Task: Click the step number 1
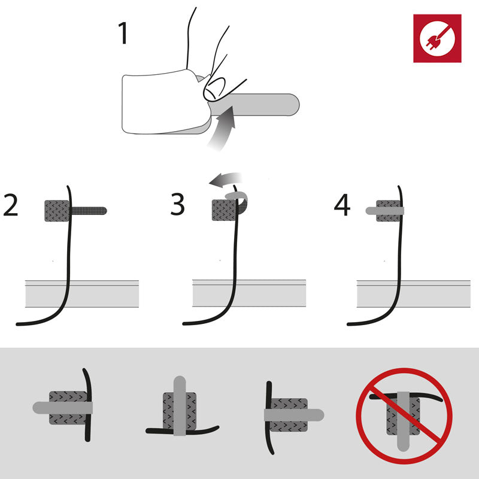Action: point(123,33)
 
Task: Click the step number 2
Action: point(11,205)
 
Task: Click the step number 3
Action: point(177,204)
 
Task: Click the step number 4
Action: point(342,205)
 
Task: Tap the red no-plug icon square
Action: point(437,38)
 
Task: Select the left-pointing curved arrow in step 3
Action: point(225,180)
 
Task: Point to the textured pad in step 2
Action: point(57,211)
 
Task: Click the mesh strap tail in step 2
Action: point(89,211)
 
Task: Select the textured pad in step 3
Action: point(224,210)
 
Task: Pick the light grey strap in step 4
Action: point(385,211)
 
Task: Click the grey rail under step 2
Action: point(82,293)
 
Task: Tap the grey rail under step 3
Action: point(249,293)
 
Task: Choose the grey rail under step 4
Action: point(414,293)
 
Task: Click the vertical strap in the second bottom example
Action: point(180,406)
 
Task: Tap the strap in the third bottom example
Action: point(294,415)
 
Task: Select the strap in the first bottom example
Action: point(63,408)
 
